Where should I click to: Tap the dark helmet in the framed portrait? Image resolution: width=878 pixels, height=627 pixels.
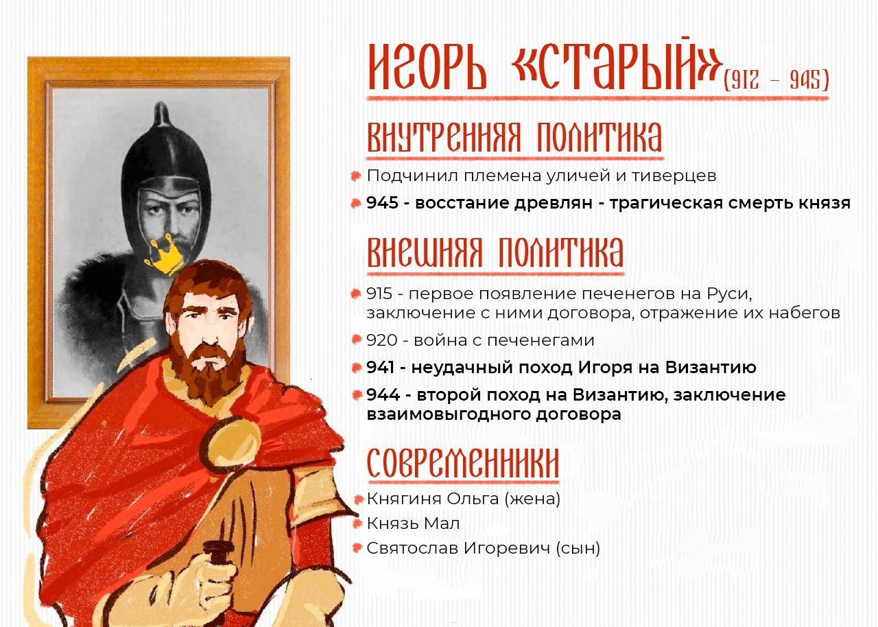pyautogui.click(x=165, y=156)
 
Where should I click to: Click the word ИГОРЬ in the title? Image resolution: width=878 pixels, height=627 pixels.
pyautogui.click(x=427, y=69)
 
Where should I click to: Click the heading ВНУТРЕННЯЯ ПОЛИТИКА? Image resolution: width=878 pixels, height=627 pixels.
pyautogui.click(x=514, y=137)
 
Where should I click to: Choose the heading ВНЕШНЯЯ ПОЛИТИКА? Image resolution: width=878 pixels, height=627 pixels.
pyautogui.click(x=495, y=252)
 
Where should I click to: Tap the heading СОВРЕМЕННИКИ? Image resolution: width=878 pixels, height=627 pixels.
pyautogui.click(x=463, y=462)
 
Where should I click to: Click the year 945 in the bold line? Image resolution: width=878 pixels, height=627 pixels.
pyautogui.click(x=382, y=203)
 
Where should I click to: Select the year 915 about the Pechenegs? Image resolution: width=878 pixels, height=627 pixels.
pyautogui.click(x=379, y=294)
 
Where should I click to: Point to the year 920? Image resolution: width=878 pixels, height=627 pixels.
pyautogui.click(x=382, y=340)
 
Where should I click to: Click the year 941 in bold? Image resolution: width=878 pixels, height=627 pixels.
pyautogui.click(x=380, y=368)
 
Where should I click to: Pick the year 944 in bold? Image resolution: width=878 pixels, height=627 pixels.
pyautogui.click(x=383, y=395)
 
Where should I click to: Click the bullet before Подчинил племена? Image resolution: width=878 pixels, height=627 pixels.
pyautogui.click(x=356, y=176)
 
